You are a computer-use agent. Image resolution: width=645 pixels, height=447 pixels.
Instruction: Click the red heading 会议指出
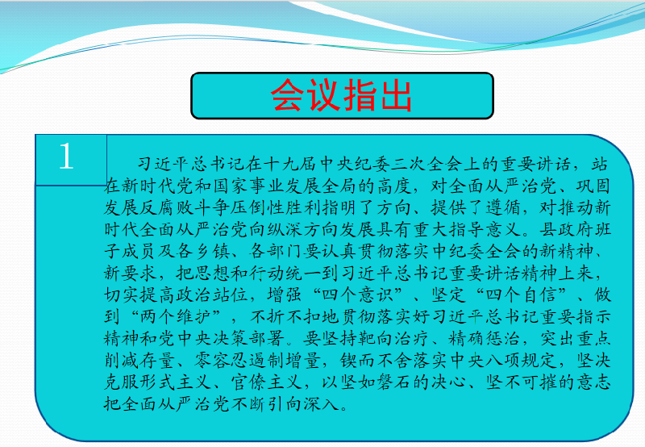pyautogui.click(x=341, y=95)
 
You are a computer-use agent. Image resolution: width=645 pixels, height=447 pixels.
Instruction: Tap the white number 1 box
pyautogui.click(x=71, y=160)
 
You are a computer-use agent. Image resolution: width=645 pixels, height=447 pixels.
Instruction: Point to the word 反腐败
pyautogui.click(x=167, y=208)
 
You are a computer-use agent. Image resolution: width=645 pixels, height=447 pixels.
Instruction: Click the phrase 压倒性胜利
pyautogui.click(x=276, y=208)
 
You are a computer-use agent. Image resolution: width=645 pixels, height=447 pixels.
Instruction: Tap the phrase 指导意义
pyautogui.click(x=485, y=230)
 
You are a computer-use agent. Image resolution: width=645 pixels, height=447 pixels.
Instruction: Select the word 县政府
pyautogui.click(x=566, y=230)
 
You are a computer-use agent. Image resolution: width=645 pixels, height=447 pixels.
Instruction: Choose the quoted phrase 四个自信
pyautogui.click(x=521, y=295)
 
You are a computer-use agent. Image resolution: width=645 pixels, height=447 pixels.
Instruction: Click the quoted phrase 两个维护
pyautogui.click(x=176, y=316)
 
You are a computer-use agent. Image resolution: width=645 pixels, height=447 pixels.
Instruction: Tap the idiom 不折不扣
pyautogui.click(x=285, y=316)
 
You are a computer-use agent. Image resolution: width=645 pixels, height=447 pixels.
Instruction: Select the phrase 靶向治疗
pyautogui.click(x=375, y=338)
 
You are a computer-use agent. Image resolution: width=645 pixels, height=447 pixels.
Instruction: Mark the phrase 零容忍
pyautogui.click(x=221, y=361)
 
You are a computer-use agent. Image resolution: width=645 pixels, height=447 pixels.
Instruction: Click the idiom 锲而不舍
pyautogui.click(x=375, y=361)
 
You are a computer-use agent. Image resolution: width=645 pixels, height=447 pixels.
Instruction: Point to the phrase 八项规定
pyautogui.click(x=521, y=361)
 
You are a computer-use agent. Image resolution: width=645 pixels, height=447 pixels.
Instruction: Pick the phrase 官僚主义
pyautogui.click(x=267, y=382)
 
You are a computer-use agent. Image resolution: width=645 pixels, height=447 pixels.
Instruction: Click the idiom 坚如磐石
pyautogui.click(x=375, y=382)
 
